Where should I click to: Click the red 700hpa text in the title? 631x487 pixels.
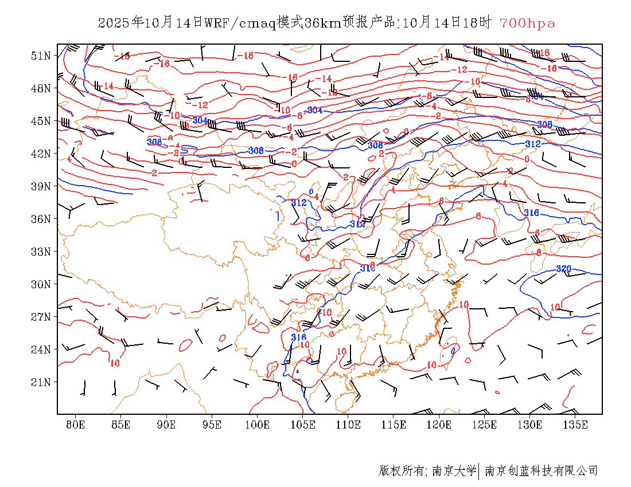pyautogui.click(x=527, y=23)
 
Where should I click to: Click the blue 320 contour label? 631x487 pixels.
pyautogui.click(x=564, y=269)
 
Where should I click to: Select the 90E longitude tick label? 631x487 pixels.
pyautogui.click(x=166, y=425)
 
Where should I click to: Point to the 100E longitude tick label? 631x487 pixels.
pyautogui.click(x=257, y=425)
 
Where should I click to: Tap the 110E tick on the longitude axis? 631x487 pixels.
pyautogui.click(x=348, y=425)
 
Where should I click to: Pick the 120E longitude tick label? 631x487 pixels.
pyautogui.click(x=439, y=425)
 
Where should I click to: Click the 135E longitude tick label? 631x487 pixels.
pyautogui.click(x=575, y=425)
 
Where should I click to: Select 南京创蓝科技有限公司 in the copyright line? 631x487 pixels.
pyautogui.click(x=541, y=471)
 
